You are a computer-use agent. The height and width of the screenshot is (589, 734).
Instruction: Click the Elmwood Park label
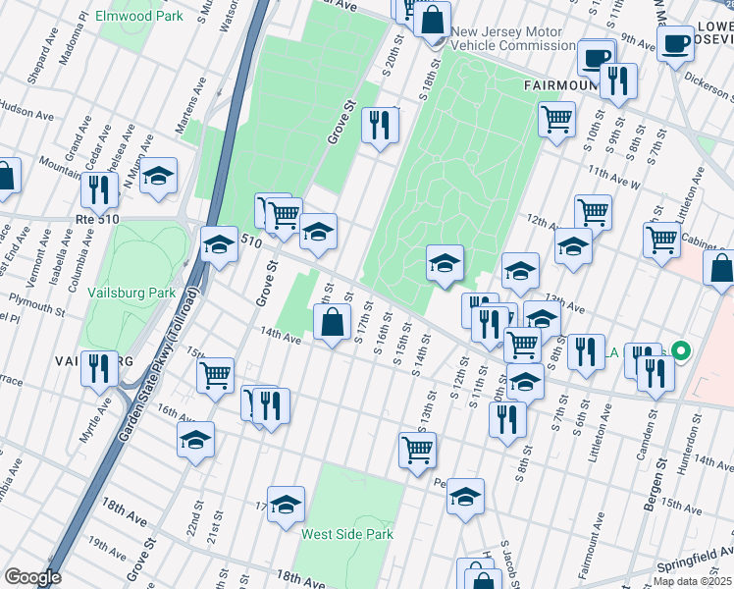coord(139,17)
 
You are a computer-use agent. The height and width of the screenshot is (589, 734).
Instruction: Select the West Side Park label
coord(347,534)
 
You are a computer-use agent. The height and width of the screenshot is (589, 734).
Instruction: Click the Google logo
coord(32,576)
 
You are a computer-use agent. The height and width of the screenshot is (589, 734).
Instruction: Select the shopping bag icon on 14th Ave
coord(333,320)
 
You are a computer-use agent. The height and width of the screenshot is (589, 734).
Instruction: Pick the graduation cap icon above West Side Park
coord(286,504)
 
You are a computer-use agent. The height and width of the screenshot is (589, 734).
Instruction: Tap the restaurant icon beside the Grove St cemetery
coord(379,124)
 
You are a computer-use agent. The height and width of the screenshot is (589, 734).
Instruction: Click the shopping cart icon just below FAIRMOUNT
coord(556,119)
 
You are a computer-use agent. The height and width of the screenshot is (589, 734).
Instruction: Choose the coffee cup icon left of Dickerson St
coord(675,43)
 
